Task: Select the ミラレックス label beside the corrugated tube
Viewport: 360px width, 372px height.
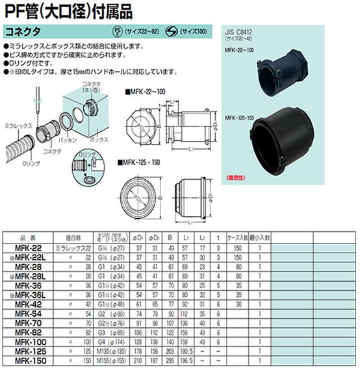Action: click(x=16, y=122)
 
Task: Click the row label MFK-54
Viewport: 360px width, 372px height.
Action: click(x=24, y=313)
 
